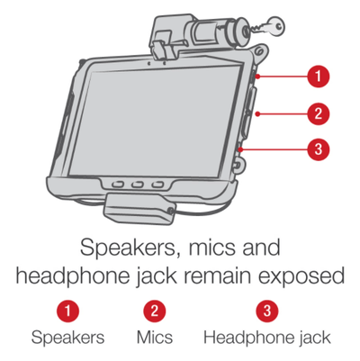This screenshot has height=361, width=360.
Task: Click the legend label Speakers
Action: pos(68,338)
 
